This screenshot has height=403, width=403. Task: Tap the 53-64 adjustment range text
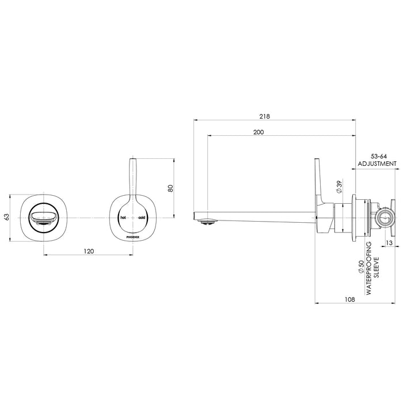click(x=377, y=156)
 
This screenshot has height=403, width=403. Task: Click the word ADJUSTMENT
click(x=377, y=164)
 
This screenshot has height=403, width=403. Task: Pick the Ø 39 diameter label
click(x=340, y=188)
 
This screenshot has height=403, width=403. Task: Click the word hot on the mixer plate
click(x=122, y=218)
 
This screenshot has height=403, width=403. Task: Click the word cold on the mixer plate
click(x=142, y=218)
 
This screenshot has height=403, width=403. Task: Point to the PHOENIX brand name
click(x=132, y=236)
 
